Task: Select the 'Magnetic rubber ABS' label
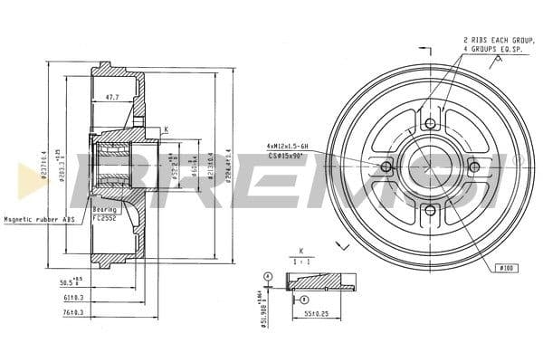[x=38, y=219]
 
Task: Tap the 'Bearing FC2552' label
[x=105, y=213]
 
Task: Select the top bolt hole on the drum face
[x=430, y=123]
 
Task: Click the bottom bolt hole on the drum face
[x=430, y=211]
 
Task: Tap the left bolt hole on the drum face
[x=386, y=167]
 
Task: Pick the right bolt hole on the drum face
[x=473, y=167]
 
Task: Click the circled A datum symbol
[x=268, y=275]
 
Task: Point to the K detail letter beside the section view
[x=167, y=130]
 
